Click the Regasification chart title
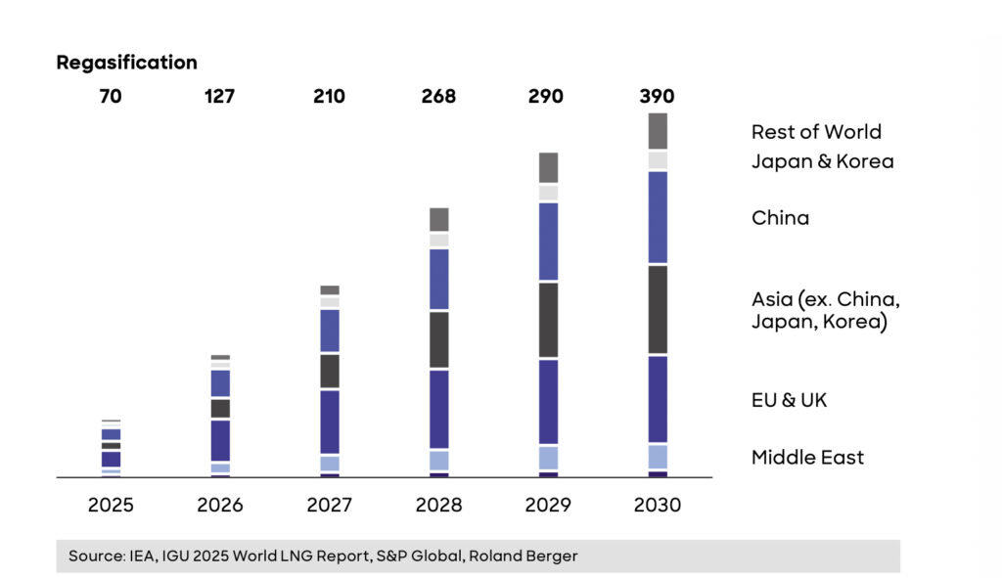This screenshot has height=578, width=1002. click(x=126, y=63)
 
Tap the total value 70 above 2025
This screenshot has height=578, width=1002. click(x=111, y=97)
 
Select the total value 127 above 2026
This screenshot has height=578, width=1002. click(x=220, y=97)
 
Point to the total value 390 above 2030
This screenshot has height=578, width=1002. click(x=658, y=97)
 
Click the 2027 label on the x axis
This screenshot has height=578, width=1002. click(x=330, y=506)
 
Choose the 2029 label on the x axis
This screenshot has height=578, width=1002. click(x=548, y=506)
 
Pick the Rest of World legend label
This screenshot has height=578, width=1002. click(x=816, y=132)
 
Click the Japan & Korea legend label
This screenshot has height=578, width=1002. click(x=822, y=161)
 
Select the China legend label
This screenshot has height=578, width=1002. click(x=780, y=218)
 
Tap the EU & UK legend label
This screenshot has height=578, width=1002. click(x=789, y=400)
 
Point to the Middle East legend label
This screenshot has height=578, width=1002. click(x=807, y=457)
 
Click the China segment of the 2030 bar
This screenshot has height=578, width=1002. click(x=658, y=217)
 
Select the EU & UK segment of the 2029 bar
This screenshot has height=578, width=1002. click(x=548, y=401)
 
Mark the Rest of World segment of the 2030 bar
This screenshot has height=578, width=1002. click(x=658, y=131)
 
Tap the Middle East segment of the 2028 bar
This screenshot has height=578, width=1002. click(x=439, y=461)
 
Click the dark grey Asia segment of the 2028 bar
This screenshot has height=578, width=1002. click(x=439, y=339)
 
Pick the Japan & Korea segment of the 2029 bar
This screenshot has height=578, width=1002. click(x=548, y=193)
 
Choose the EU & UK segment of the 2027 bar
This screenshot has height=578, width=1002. click(x=330, y=422)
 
